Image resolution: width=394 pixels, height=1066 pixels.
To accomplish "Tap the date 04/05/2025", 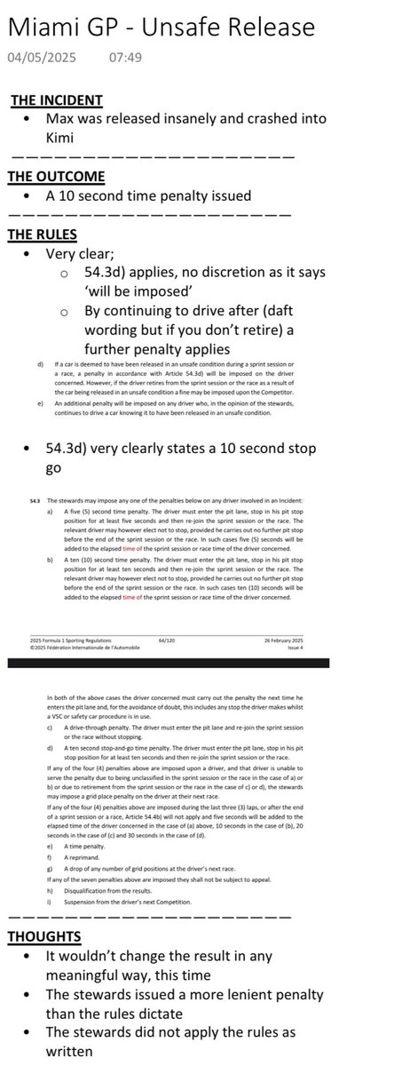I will click(41, 59).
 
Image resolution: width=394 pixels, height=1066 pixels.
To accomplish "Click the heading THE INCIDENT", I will click(55, 100).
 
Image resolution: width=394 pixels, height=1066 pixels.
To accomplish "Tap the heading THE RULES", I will click(43, 235).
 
